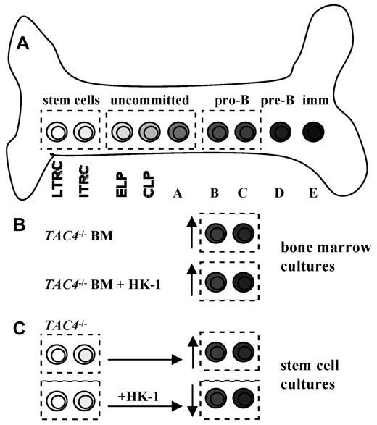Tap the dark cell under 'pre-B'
point(278,132)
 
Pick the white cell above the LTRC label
point(57,132)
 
